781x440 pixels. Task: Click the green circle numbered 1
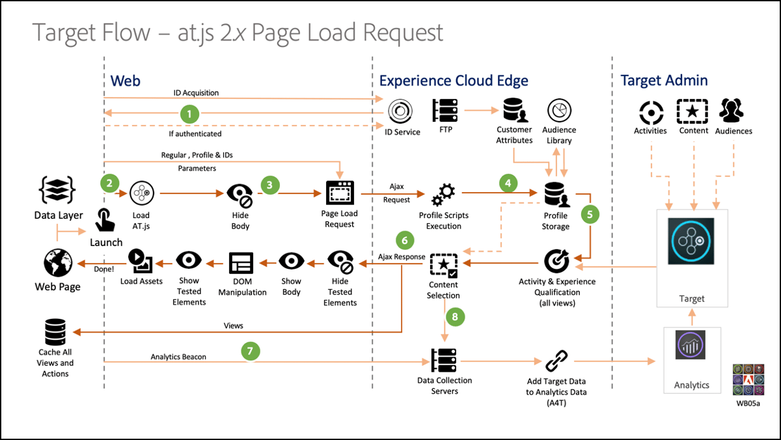click(189, 114)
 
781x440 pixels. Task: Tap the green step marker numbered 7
click(249, 351)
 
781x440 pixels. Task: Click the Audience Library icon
click(558, 111)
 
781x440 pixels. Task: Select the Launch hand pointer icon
click(105, 220)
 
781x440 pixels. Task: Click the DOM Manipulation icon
click(242, 263)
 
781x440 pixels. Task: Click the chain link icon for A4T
click(556, 360)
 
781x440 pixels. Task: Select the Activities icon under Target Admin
click(650, 112)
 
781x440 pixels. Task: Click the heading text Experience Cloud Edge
click(454, 81)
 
